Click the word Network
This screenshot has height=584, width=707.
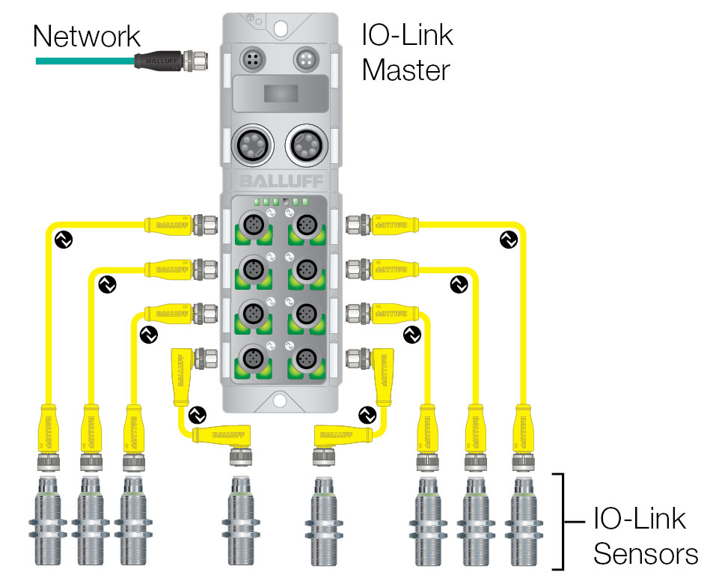pyautogui.click(x=86, y=36)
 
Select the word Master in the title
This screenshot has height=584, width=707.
pyautogui.click(x=405, y=70)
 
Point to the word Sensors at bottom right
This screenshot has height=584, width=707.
pyautogui.click(x=645, y=555)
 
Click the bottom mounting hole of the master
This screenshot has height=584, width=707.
pyautogui.click(x=281, y=400)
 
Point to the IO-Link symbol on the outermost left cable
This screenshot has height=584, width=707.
pyautogui.click(x=63, y=240)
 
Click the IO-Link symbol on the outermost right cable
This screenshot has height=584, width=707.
pyautogui.click(x=507, y=240)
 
